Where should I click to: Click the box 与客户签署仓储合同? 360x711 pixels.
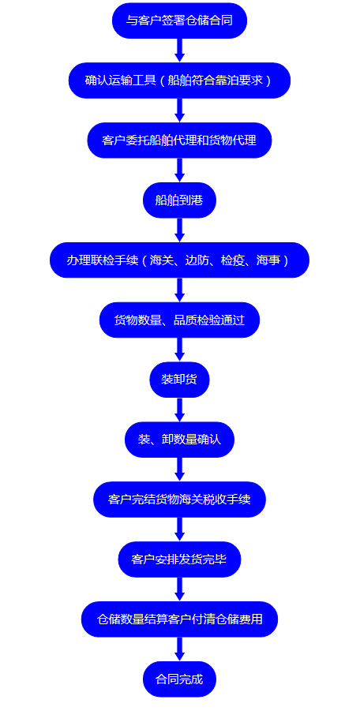[x=179, y=21]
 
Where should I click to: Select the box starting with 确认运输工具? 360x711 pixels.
[x=179, y=80]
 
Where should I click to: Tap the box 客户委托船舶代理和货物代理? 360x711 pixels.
[x=179, y=140]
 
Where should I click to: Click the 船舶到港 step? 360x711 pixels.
[x=179, y=200]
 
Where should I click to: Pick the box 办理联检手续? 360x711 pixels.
[x=179, y=260]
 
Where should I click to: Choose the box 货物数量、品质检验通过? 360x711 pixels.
[x=179, y=320]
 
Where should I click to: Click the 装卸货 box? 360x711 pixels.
[x=179, y=380]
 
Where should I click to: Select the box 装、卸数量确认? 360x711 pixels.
[x=179, y=440]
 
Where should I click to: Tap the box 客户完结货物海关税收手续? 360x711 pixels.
[x=179, y=500]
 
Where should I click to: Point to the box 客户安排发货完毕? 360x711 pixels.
[x=179, y=559]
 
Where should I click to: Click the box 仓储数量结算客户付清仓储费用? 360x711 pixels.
[x=179, y=619]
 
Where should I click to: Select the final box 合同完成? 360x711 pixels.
[x=179, y=679]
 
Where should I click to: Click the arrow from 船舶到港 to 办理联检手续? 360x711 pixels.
[x=179, y=230]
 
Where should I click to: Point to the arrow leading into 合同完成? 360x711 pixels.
[x=179, y=649]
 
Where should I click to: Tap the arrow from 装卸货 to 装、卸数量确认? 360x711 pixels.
[x=179, y=410]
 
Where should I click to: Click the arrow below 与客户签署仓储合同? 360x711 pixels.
[x=179, y=51]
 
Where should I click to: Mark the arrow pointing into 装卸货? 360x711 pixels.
[x=179, y=350]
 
